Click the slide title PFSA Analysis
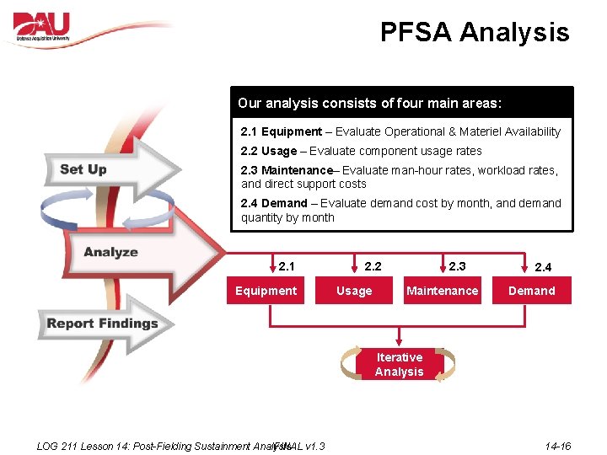click(x=475, y=33)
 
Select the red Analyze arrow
click(x=126, y=252)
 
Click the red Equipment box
click(x=266, y=291)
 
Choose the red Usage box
click(x=354, y=291)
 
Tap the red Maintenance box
click(x=442, y=291)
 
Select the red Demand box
click(x=531, y=291)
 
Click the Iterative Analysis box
click(x=399, y=364)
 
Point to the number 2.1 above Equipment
click(x=287, y=266)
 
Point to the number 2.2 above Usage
click(x=373, y=266)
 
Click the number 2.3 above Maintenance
click(x=457, y=266)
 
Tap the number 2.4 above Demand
click(x=543, y=267)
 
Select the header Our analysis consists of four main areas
click(x=369, y=104)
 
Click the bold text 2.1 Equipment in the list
click(x=281, y=131)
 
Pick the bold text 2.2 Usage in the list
click(x=269, y=151)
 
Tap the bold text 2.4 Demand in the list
click(x=274, y=203)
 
